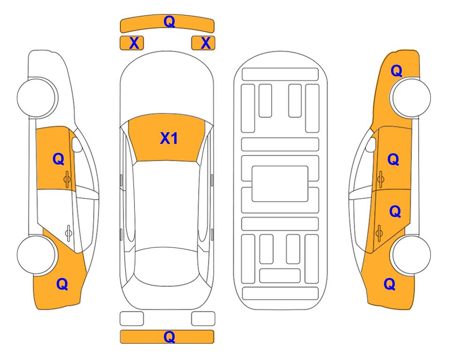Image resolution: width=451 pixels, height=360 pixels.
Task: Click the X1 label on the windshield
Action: tap(169, 138)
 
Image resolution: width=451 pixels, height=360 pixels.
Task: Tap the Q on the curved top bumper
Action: tap(169, 22)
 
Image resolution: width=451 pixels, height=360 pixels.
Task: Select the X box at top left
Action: tap(132, 43)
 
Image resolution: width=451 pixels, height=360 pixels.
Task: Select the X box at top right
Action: tap(203, 43)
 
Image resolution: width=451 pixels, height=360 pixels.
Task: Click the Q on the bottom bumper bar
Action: tap(169, 337)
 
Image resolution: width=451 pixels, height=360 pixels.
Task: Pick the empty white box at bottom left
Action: tap(132, 319)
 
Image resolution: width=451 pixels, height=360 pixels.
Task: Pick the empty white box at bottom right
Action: tap(203, 319)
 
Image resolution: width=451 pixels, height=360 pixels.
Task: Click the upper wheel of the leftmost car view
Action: tap(37, 97)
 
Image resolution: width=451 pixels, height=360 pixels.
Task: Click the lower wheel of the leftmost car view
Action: tap(37, 255)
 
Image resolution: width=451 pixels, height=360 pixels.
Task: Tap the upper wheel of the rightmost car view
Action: tap(411, 97)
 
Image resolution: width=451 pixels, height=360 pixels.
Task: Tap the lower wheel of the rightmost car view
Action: tap(411, 255)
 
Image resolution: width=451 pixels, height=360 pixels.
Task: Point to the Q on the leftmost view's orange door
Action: tap(59, 159)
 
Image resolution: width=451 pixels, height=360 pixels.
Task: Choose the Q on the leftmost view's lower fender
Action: tap(62, 284)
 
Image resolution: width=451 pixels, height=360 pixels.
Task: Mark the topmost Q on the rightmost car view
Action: tap(396, 71)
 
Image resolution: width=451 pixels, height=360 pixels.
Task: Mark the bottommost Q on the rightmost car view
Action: tap(390, 284)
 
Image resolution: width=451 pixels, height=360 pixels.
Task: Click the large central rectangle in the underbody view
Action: tap(280, 184)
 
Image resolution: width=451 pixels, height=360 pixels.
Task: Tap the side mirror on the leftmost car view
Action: tap(76, 145)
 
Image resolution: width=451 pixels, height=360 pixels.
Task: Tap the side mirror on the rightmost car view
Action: tap(371, 145)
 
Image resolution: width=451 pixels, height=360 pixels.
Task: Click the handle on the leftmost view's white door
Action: tap(68, 232)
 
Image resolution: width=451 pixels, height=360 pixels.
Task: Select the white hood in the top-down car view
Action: tap(167, 86)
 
